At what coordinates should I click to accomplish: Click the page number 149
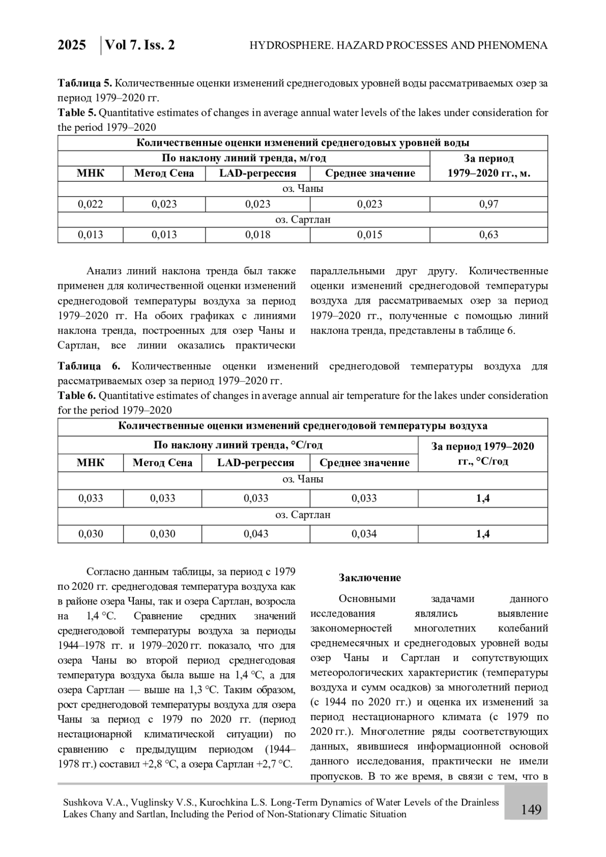point(531,810)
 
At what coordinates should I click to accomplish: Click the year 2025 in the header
point(72,45)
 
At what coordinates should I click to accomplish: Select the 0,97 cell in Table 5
point(488,204)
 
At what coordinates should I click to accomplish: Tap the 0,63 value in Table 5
point(488,234)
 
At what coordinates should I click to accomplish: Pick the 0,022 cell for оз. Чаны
point(90,204)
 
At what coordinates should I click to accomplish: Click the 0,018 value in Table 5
point(258,234)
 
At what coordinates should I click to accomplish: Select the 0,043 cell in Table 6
point(256,534)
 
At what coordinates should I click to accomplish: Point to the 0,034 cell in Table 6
point(364,534)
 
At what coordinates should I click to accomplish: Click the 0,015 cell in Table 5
point(370,234)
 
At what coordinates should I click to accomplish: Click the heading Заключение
point(370,578)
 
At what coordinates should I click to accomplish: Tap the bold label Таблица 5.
point(80,83)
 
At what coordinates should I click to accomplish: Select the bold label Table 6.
point(76,395)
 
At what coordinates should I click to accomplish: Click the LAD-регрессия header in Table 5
point(258,173)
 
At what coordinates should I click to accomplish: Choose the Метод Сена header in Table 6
point(162,463)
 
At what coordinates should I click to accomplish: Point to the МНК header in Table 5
point(90,173)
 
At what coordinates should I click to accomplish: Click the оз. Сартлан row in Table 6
point(302,515)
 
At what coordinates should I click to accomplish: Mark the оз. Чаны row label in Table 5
point(302,189)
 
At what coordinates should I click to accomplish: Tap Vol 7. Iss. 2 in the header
point(140,45)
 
